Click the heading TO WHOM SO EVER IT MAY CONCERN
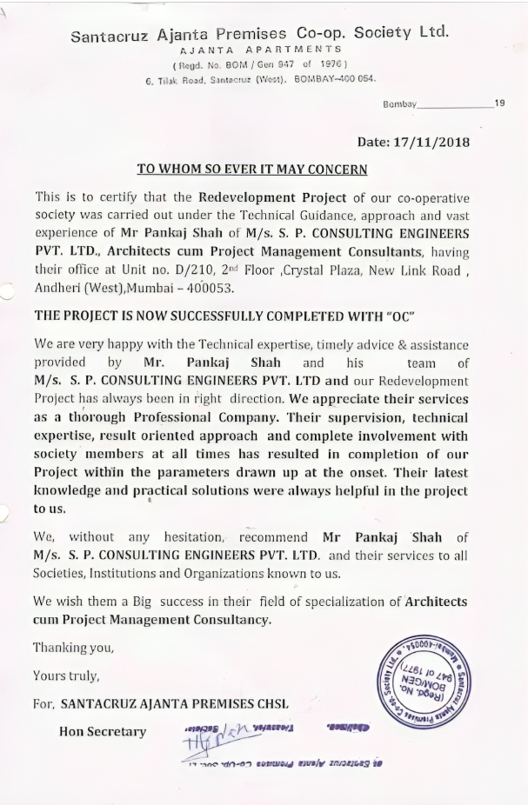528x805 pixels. [252, 170]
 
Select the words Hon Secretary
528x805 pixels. [103, 731]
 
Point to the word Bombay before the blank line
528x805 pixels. [399, 103]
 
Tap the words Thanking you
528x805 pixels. [73, 647]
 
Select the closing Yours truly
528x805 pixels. [66, 675]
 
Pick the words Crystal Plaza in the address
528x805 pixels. [348, 269]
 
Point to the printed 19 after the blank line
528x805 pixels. [499, 103]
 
